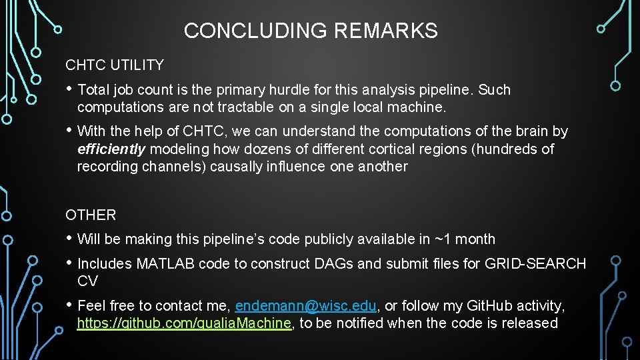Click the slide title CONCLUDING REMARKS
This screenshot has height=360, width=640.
click(x=311, y=31)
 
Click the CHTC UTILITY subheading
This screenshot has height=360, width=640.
click(x=114, y=65)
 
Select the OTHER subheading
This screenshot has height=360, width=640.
click(x=91, y=215)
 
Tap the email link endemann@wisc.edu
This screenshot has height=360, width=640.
click(x=306, y=306)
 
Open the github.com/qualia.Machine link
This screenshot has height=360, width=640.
click(x=185, y=323)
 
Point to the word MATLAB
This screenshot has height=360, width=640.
click(x=162, y=264)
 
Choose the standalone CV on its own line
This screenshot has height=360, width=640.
click(x=87, y=281)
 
